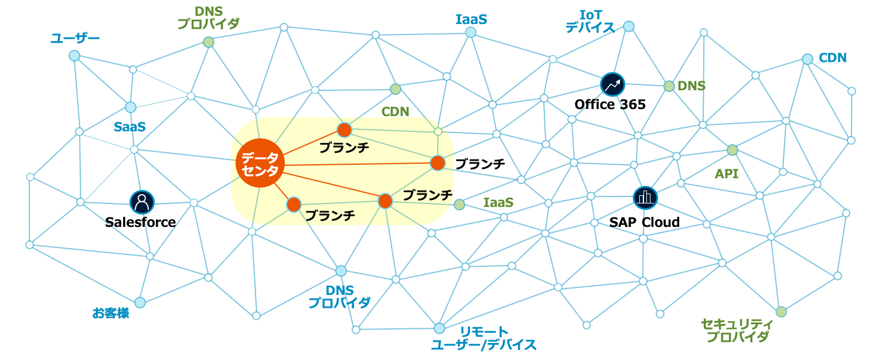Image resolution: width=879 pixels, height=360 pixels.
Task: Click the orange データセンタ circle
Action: pyautogui.click(x=260, y=162)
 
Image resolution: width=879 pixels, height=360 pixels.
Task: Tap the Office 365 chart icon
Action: pyautogui.click(x=613, y=84)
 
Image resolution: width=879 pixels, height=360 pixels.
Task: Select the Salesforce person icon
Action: pyautogui.click(x=142, y=202)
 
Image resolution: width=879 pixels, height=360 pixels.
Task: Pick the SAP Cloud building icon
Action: pyautogui.click(x=645, y=198)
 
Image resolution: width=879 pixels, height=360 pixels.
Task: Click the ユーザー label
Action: pyautogui.click(x=75, y=39)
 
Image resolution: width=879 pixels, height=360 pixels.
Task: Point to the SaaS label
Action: pyautogui.click(x=130, y=127)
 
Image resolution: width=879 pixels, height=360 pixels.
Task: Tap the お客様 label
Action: pyautogui.click(x=111, y=313)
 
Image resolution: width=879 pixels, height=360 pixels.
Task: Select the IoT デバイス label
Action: pyautogui.click(x=590, y=21)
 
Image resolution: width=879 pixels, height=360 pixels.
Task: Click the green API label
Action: pyautogui.click(x=727, y=174)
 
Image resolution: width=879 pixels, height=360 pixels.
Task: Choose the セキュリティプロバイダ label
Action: pyautogui.click(x=737, y=331)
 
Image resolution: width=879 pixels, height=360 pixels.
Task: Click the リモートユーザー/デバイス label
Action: pyautogui.click(x=483, y=339)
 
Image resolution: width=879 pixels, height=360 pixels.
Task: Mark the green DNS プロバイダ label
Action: pyautogui.click(x=208, y=18)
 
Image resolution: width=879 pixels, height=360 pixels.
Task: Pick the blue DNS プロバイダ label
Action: pyautogui.click(x=339, y=297)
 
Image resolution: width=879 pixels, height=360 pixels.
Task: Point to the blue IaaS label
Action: pyautogui.click(x=471, y=19)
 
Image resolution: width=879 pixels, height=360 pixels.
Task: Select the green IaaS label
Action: pyautogui.click(x=498, y=203)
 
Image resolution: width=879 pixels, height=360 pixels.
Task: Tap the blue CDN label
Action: pyautogui.click(x=832, y=58)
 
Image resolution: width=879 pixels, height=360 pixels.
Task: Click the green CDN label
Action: pyautogui.click(x=395, y=111)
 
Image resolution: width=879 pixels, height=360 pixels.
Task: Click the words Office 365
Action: pyautogui.click(x=610, y=105)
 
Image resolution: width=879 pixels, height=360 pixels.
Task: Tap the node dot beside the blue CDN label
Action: pyautogui.click(x=808, y=59)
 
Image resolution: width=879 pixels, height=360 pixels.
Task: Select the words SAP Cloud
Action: pyautogui.click(x=644, y=223)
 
